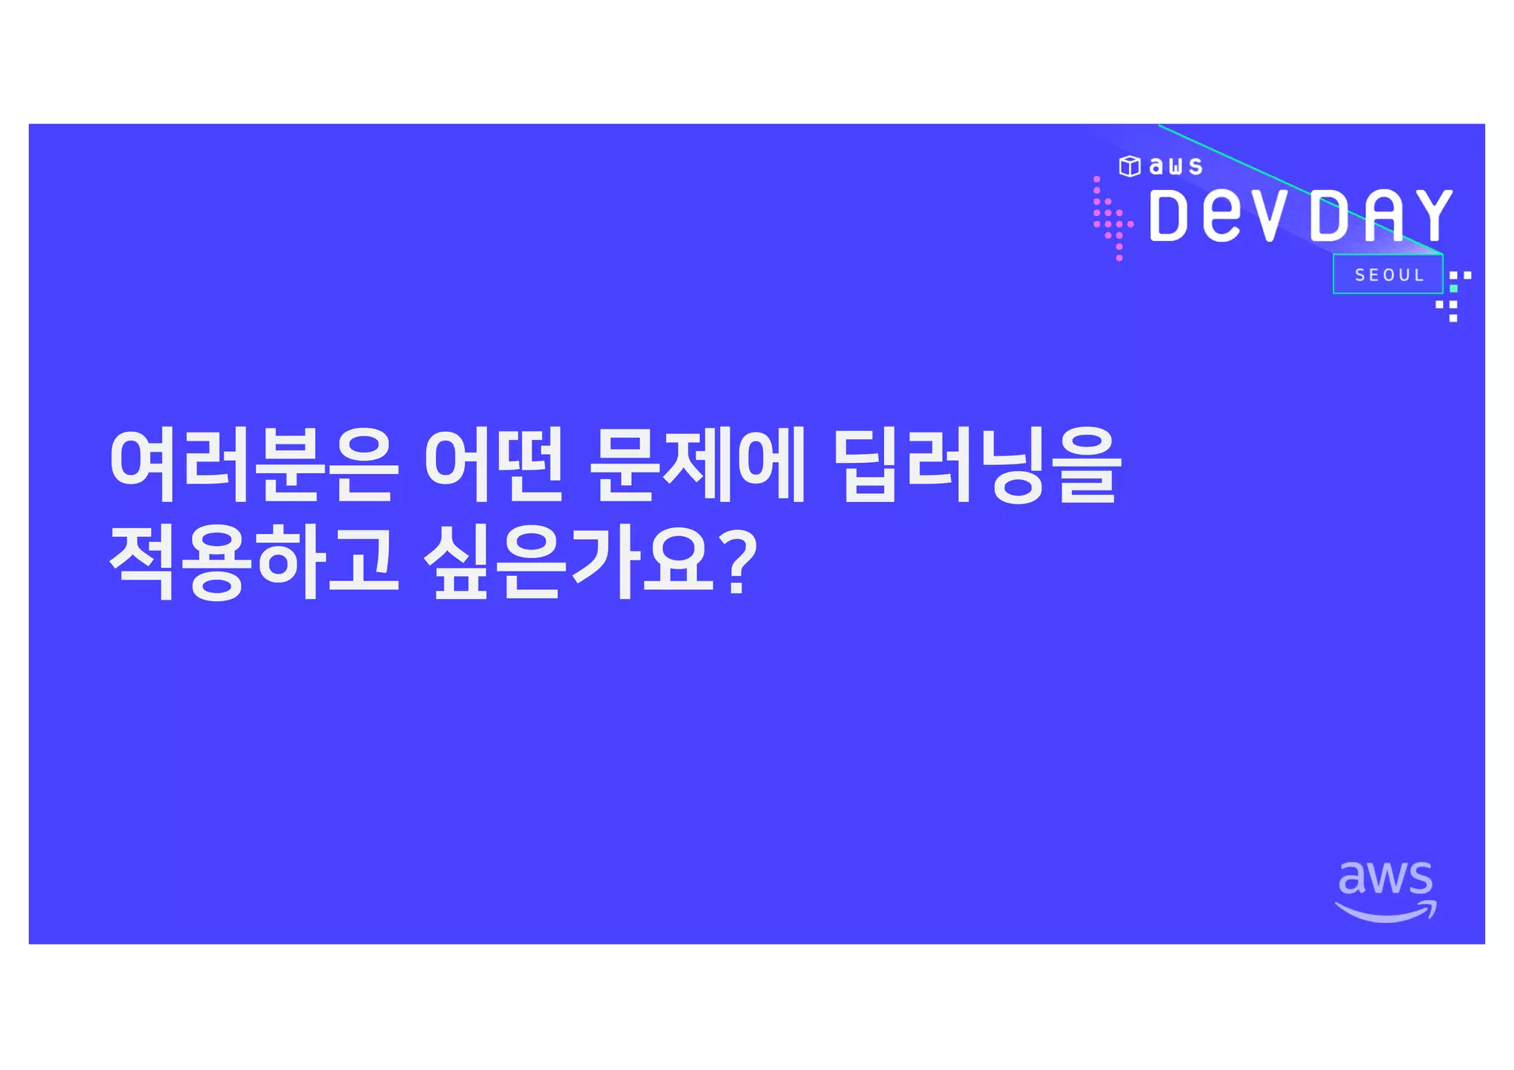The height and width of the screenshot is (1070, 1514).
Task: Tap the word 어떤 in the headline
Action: [x=494, y=466]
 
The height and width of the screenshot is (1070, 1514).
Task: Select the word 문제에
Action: [x=697, y=466]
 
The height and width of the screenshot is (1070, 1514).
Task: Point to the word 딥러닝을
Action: [x=977, y=466]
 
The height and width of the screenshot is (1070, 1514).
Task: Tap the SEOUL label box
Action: [x=1388, y=275]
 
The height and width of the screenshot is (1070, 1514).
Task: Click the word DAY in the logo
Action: [x=1380, y=216]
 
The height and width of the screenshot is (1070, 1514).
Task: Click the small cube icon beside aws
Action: [x=1129, y=166]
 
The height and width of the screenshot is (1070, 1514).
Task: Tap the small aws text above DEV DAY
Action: [x=1175, y=166]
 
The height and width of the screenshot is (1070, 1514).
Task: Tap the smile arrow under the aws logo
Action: [x=1385, y=913]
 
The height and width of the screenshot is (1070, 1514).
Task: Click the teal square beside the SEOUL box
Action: [x=1453, y=288]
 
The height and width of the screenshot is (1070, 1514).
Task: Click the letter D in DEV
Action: [x=1168, y=216]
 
